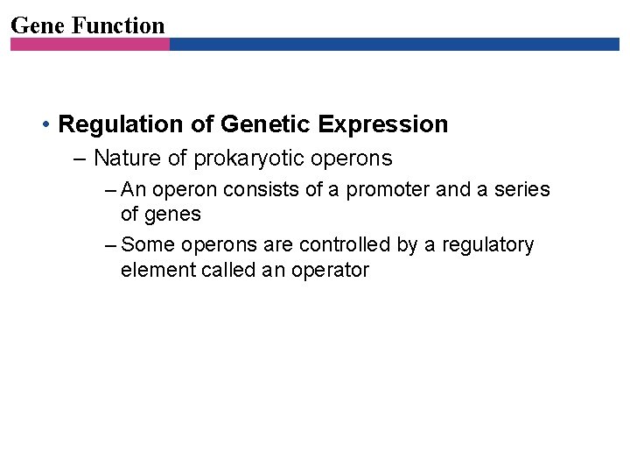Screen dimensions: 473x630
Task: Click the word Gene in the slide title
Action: (38, 25)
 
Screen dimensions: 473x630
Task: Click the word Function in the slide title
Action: (118, 25)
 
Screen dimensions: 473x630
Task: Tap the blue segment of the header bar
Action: (394, 44)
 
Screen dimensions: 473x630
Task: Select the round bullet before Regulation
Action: (45, 125)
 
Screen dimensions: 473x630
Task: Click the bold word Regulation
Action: (122, 124)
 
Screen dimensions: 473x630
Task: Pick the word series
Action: (522, 189)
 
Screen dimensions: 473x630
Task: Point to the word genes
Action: (172, 214)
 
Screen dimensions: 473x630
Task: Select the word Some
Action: (148, 245)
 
